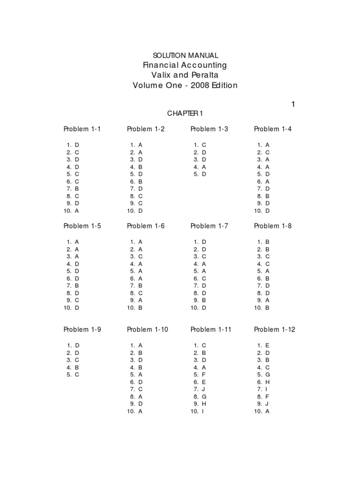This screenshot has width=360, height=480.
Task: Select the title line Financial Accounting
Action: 185,65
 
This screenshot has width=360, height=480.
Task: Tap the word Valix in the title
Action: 161,75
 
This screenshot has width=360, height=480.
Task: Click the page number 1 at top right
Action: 293,105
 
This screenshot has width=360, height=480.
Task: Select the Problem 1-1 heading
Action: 82,129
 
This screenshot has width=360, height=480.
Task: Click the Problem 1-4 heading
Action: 272,129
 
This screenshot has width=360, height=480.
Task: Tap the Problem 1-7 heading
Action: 209,226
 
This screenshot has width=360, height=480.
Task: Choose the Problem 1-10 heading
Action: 147,330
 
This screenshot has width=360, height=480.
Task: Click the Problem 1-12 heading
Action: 274,330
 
